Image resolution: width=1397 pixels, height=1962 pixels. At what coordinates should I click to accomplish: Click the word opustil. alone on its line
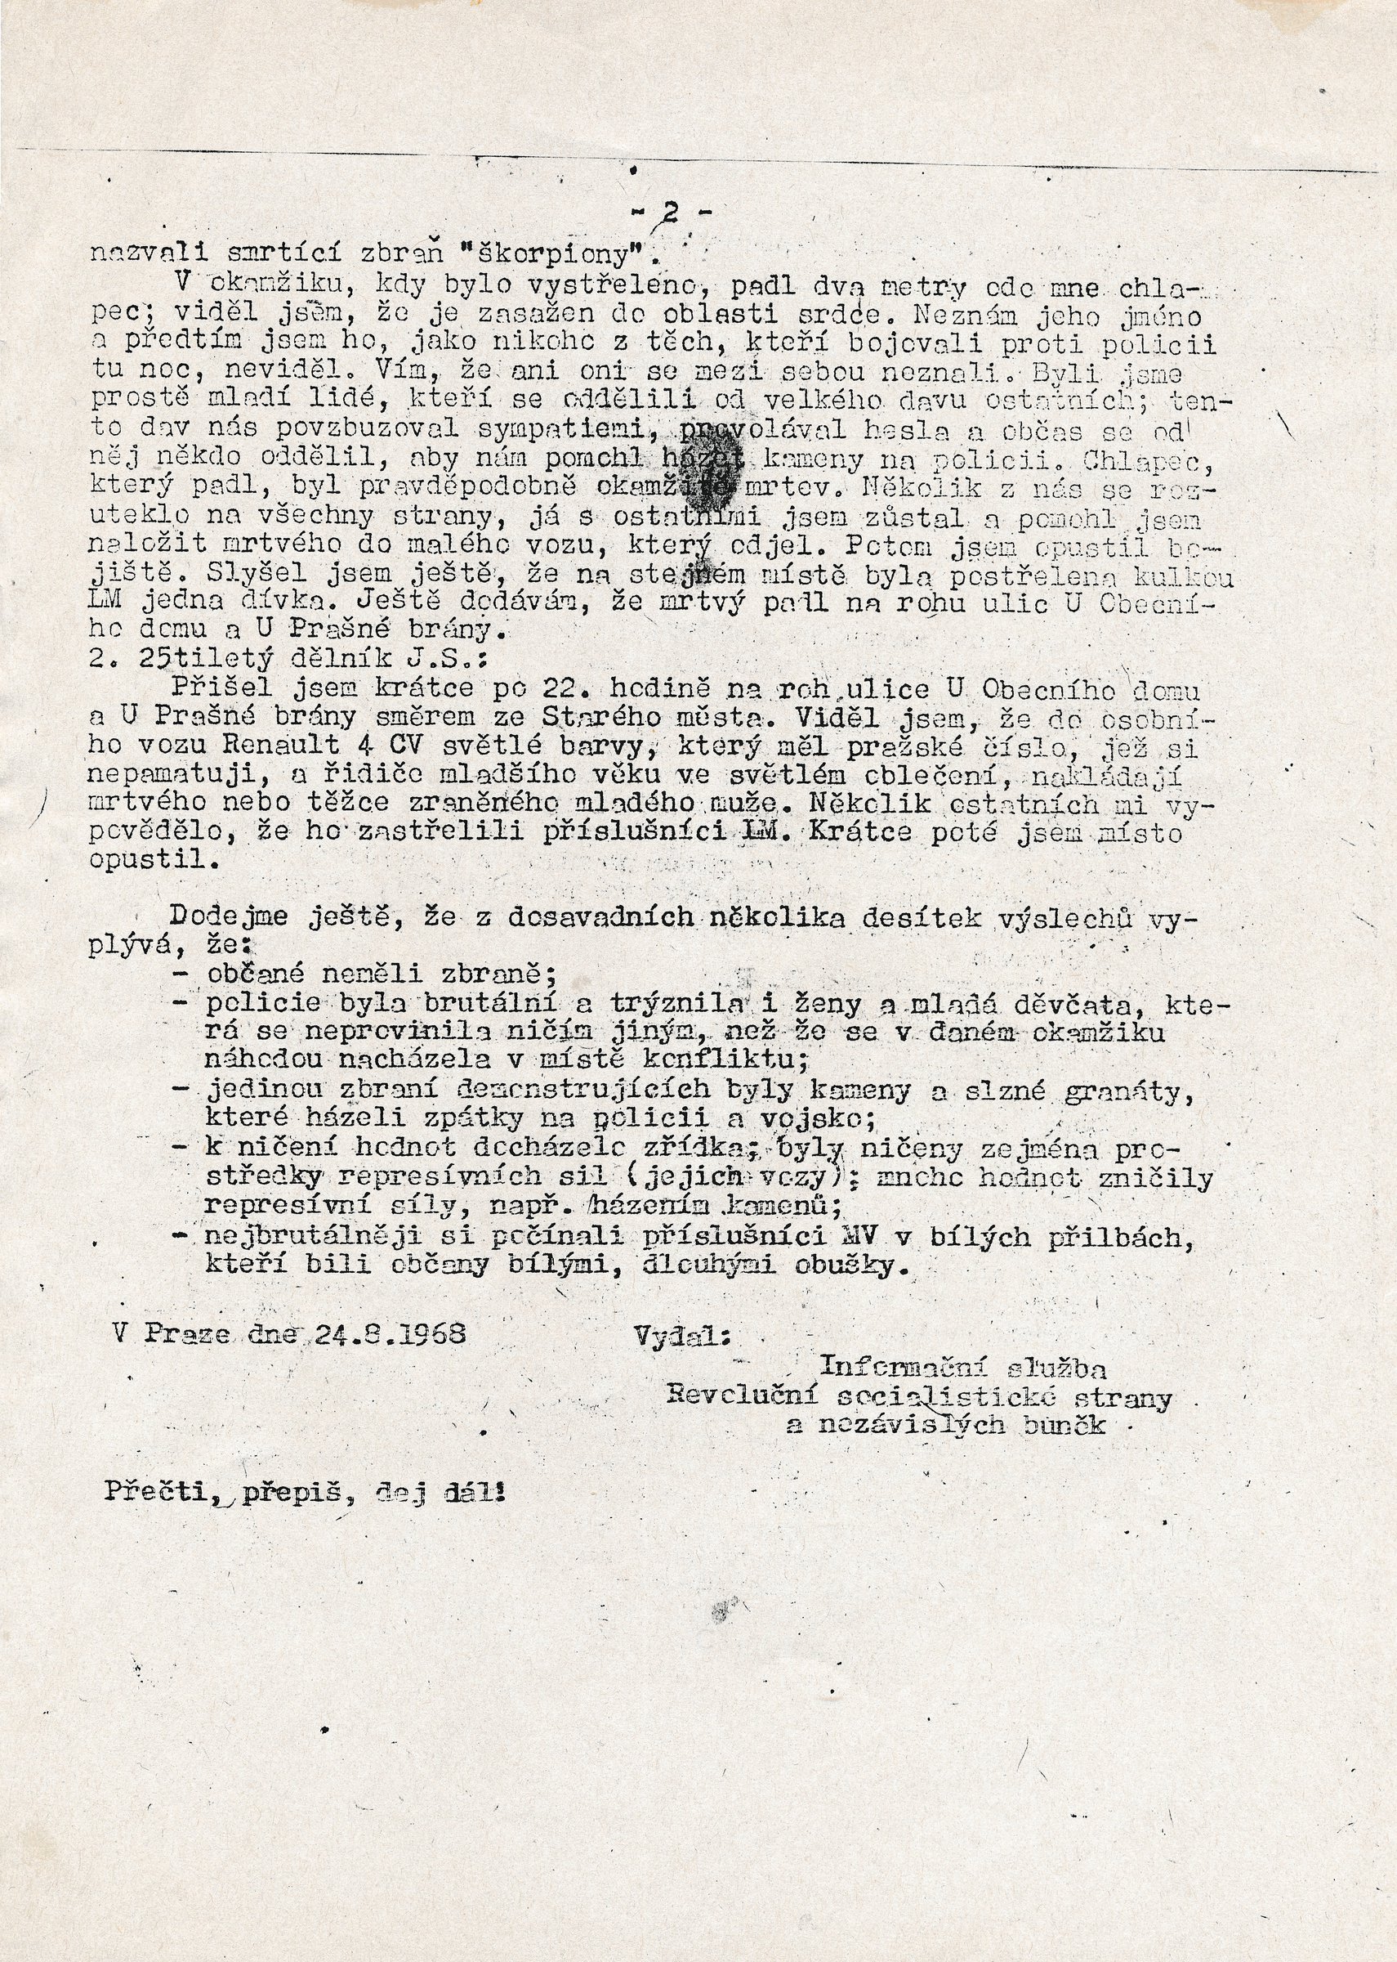click(x=147, y=862)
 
